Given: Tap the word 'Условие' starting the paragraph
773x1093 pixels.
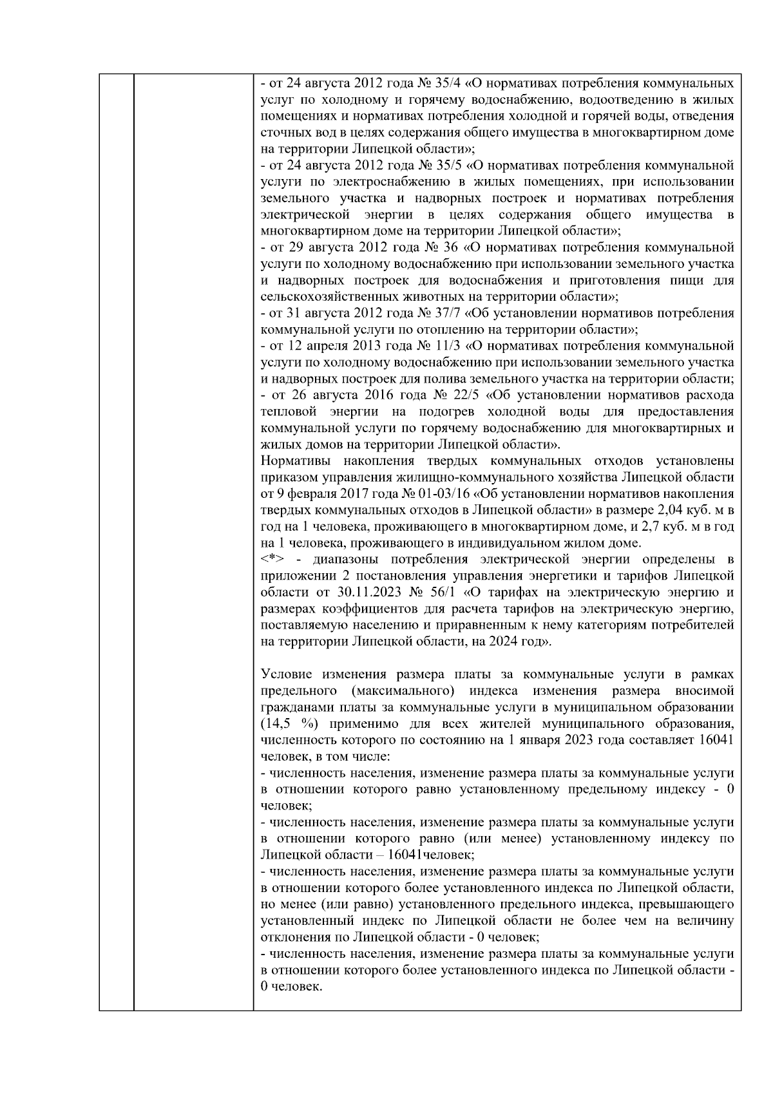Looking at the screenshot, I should pos(286,674).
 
